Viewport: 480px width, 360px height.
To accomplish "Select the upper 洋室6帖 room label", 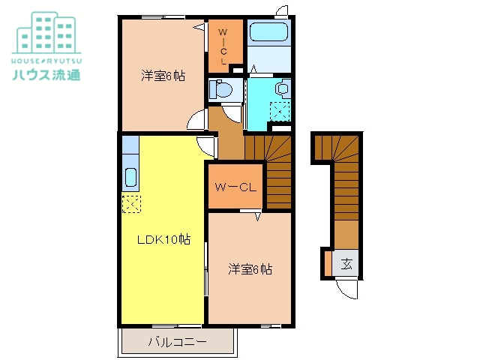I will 163,76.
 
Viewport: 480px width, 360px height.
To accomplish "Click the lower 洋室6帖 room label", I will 250,269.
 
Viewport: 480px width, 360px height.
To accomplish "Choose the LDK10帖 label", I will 163,240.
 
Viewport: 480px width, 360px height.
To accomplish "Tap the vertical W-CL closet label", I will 224,45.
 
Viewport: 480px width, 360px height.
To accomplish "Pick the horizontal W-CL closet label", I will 235,187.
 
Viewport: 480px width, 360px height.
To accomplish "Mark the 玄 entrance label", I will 347,263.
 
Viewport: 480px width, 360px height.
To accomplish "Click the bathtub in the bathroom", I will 268,32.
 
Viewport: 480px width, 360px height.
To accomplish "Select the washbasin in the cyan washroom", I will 283,88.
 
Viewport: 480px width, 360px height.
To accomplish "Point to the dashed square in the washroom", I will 280,112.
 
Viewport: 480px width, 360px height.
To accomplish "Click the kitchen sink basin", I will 129,178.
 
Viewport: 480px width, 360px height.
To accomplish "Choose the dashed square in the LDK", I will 130,203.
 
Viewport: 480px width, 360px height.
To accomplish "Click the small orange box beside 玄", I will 328,263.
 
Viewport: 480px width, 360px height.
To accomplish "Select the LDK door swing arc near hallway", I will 206,146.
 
